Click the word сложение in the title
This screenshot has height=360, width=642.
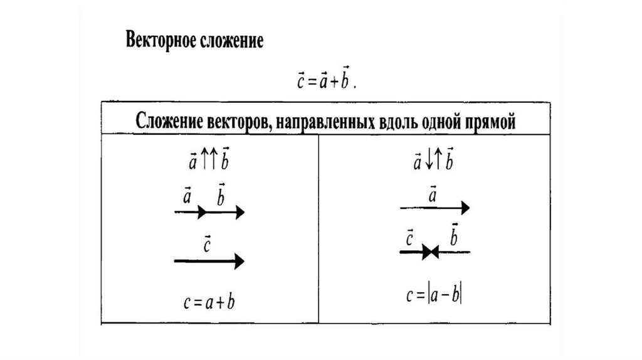[234, 41]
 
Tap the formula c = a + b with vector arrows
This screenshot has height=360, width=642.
[325, 80]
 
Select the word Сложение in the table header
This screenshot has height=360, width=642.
[169, 120]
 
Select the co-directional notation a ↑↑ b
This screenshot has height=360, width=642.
[209, 162]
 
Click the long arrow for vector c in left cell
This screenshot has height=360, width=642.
[209, 262]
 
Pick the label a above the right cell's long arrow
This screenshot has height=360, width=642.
[433, 194]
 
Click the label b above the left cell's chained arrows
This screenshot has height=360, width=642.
[221, 197]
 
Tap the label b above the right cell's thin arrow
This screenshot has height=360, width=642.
[453, 236]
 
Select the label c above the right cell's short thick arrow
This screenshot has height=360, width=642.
[409, 238]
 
